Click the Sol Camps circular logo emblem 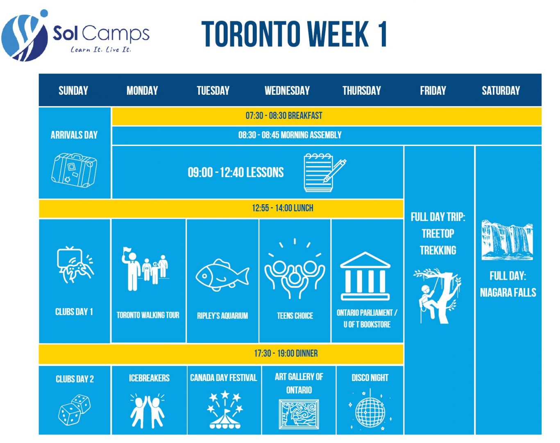tap(25, 37)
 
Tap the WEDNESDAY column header tap(287, 90)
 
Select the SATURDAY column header tap(501, 90)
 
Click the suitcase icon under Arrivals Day tap(74, 170)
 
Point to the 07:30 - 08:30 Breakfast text tap(284, 115)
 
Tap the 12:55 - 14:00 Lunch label tap(283, 208)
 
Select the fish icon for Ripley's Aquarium tap(222, 275)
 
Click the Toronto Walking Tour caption tap(148, 315)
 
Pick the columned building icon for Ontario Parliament tap(365, 276)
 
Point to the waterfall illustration tap(507, 240)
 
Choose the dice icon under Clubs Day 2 tap(75, 410)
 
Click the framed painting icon tap(299, 414)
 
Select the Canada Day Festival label tap(223, 378)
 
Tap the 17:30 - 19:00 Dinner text tap(286, 353)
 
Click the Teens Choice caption tap(295, 316)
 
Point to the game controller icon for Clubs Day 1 tap(75, 265)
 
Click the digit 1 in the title tap(382, 34)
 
